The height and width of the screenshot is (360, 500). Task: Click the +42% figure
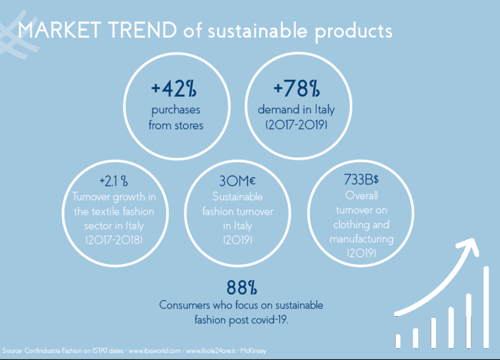tap(174, 88)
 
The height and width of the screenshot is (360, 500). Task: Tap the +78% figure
tap(296, 88)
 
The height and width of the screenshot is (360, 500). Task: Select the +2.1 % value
tap(114, 181)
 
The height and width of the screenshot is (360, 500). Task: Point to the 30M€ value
tap(238, 181)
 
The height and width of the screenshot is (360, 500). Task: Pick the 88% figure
tap(242, 287)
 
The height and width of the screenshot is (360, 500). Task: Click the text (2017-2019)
tap(296, 125)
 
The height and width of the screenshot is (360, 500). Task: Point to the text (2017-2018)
tap(114, 240)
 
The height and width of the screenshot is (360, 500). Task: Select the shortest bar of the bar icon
tap(398, 340)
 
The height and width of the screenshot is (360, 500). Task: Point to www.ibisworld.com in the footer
tap(155, 351)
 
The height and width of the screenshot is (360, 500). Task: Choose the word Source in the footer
tap(12, 351)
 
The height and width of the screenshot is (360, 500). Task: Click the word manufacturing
tap(361, 239)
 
